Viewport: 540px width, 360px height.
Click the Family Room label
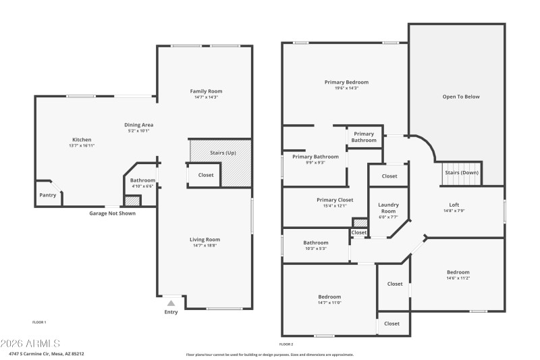coord(206,91)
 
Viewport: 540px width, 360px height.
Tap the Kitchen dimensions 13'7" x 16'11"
coord(82,146)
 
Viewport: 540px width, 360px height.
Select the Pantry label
coord(47,195)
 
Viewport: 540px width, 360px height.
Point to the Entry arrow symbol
coord(171,303)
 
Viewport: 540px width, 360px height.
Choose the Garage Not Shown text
coord(113,213)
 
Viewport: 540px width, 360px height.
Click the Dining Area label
coord(139,125)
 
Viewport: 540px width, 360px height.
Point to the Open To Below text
coord(461,97)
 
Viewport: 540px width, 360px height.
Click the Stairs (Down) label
coord(461,172)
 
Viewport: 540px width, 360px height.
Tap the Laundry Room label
coord(387,207)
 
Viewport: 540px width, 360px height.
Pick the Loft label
coord(454,205)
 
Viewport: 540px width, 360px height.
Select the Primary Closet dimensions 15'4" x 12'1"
coord(335,206)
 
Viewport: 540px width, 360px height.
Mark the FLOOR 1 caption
coord(39,322)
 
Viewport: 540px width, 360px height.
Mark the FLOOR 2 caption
coord(287,344)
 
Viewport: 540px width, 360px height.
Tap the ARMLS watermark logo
coord(30,344)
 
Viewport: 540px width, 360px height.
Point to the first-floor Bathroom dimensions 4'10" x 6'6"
coord(142,186)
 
